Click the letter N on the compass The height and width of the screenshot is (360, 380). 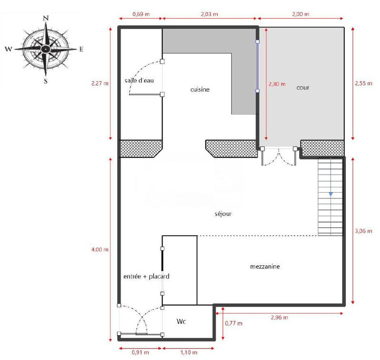(x=46, y=18)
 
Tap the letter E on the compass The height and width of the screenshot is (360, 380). (x=81, y=49)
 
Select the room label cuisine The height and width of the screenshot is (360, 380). (x=200, y=89)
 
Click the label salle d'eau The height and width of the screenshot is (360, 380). (x=140, y=80)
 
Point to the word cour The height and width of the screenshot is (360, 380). (x=303, y=88)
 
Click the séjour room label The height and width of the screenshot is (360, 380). (x=223, y=214)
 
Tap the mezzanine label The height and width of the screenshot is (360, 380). (x=265, y=267)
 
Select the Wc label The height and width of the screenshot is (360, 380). (x=181, y=322)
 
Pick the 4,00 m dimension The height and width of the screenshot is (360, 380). (x=100, y=250)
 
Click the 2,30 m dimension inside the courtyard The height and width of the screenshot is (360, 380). (x=276, y=84)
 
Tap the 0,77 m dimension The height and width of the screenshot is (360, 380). (x=233, y=323)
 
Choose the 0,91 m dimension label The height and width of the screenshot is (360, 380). (x=140, y=352)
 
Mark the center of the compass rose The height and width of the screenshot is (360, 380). (x=46, y=49)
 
